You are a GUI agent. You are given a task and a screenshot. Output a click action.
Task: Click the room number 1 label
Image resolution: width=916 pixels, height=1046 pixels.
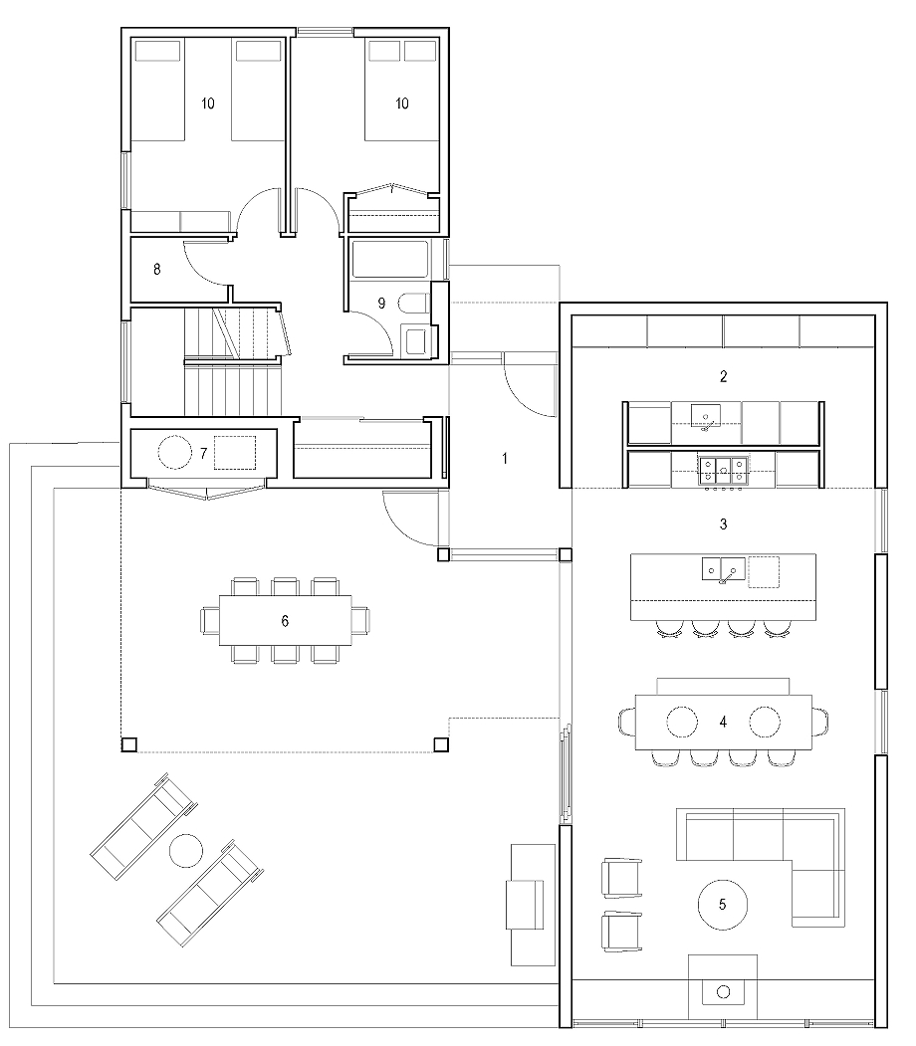505,458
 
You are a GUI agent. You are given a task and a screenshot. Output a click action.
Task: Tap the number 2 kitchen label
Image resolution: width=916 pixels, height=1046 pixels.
723,377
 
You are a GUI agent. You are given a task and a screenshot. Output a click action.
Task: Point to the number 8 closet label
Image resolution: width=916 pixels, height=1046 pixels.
156,270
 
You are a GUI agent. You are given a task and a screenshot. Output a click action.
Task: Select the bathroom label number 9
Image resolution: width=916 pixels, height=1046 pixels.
381,304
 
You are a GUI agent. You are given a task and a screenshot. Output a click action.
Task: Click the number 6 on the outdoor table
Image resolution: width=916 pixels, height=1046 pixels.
285,621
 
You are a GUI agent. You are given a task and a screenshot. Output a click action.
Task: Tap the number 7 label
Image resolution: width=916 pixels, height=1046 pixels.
203,454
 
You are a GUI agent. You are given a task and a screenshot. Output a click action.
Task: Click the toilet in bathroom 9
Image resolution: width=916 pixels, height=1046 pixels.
414,305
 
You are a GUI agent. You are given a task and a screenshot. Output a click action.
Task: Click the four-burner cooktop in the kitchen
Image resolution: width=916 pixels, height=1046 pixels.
723,470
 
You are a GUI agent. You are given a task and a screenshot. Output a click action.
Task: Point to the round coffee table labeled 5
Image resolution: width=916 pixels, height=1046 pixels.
723,905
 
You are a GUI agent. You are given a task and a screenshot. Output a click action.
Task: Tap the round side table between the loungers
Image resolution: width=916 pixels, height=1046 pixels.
186,851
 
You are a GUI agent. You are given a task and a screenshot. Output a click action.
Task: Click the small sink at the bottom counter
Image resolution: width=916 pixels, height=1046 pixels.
723,992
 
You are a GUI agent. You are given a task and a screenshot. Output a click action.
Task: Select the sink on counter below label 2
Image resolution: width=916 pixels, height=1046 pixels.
705,417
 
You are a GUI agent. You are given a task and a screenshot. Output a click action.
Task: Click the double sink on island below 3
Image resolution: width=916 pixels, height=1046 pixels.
723,569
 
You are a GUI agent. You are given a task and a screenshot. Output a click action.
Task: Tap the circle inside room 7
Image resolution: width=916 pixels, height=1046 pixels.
175,453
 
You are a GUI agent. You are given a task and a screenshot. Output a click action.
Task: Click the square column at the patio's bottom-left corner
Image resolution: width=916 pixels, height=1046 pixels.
128,744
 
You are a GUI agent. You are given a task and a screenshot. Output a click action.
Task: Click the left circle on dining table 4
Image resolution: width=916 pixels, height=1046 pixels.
682,722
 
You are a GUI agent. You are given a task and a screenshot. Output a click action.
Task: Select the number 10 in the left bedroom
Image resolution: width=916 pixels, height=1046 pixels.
207,104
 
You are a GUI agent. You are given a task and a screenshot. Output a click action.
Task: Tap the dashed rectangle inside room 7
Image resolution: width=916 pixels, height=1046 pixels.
235,453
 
